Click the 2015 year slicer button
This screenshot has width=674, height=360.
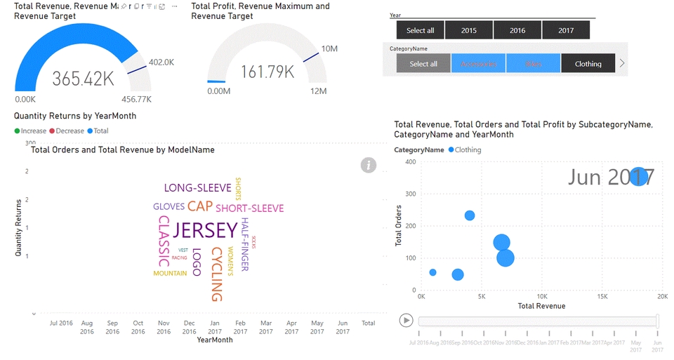point(469,30)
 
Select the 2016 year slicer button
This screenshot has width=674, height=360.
point(517,30)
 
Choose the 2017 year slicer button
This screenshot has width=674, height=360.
point(566,30)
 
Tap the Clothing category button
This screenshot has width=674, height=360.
point(588,64)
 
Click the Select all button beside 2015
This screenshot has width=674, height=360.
point(421,30)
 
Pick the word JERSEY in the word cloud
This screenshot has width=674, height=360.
point(205,230)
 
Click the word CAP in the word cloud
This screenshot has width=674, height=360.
point(200,206)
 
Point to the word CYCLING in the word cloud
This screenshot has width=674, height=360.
point(217,274)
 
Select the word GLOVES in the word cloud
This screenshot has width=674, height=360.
point(168,207)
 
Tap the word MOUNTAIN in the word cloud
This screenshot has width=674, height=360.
point(170,273)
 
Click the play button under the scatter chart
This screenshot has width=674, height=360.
point(406,320)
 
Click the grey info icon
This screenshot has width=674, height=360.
point(369,165)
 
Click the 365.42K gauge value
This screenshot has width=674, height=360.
point(83,78)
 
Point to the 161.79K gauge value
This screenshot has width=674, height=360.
point(268,72)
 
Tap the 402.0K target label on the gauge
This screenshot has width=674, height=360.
point(161,62)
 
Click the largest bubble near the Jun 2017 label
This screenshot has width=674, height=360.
point(638,176)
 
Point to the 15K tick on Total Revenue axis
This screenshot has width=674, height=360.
point(602,297)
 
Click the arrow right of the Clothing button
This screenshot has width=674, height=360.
point(621,64)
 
